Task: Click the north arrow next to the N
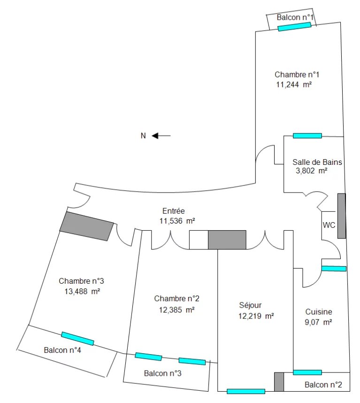(161, 135)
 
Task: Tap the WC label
(329, 225)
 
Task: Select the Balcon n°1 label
(295, 17)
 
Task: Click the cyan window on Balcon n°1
(294, 27)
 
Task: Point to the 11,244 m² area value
(294, 85)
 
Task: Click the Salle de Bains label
(317, 162)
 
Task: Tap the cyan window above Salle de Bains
(307, 136)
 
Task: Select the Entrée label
(174, 211)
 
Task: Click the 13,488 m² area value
(82, 292)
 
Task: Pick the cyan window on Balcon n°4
(77, 339)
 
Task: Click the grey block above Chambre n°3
(86, 226)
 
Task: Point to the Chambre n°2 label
(176, 298)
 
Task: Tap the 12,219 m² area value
(256, 316)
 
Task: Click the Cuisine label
(319, 312)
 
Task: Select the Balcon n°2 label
(323, 385)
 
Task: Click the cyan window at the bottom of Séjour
(246, 391)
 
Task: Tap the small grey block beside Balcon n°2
(279, 382)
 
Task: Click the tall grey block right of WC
(342, 216)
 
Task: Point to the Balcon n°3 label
(163, 373)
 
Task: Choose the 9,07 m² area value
(318, 322)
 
